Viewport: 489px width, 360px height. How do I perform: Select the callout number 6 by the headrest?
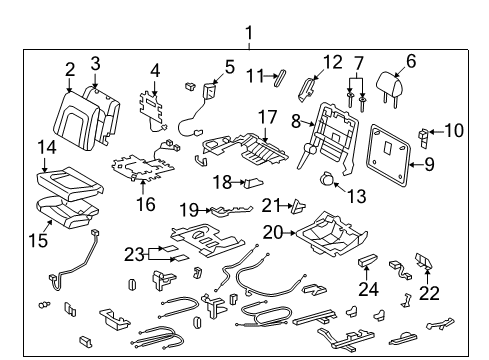tap(410, 61)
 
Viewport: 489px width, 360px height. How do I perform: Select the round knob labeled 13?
tap(329, 180)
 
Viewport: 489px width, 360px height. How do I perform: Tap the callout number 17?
tap(265, 116)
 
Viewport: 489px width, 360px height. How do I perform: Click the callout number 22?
tap(429, 292)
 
